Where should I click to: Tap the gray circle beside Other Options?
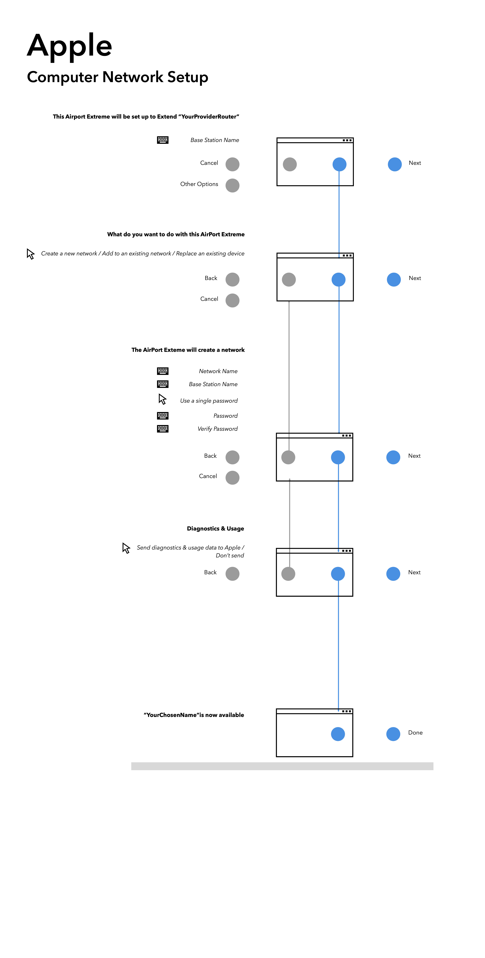pos(232,185)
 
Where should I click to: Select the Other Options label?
pos(199,184)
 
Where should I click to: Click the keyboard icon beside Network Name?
pos(163,371)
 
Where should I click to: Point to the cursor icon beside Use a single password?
pos(162,399)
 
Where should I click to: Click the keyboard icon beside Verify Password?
pos(163,428)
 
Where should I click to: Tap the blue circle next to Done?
pos(393,734)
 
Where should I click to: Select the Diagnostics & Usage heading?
pos(215,528)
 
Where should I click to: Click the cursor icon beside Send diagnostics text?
pos(126,548)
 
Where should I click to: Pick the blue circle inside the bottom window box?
pos(338,734)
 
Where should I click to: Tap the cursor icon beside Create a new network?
pos(30,254)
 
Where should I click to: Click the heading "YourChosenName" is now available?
pos(194,715)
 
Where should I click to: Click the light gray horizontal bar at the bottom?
pos(282,766)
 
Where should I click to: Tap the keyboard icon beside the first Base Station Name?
pos(163,140)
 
